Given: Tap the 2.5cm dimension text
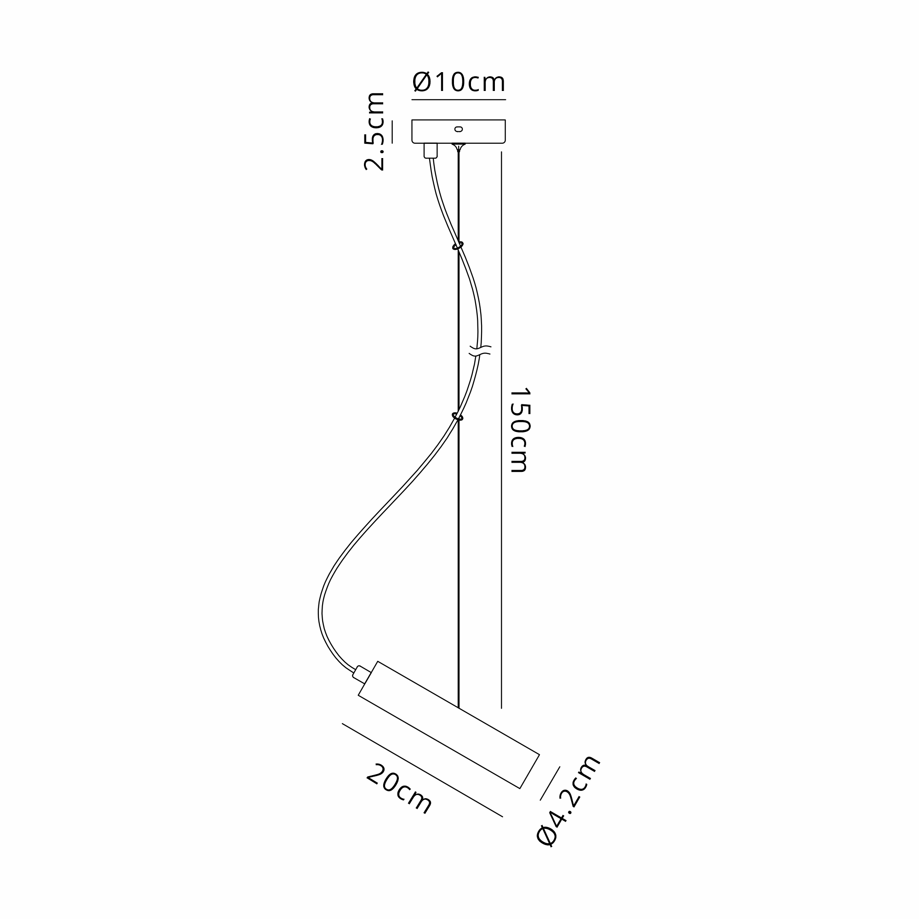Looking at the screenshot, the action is [374, 131].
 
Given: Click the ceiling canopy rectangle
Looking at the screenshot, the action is [459, 131].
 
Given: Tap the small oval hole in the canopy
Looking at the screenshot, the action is [459, 129].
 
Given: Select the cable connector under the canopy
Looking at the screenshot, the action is [431, 150].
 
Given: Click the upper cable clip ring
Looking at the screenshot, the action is [458, 246].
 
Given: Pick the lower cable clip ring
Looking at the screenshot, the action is [458, 417].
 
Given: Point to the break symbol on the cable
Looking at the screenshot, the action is [479, 351].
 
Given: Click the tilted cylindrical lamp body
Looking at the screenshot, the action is [448, 725].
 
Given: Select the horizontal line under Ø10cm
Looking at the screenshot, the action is [459, 100].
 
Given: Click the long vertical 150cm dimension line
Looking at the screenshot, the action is [501, 431].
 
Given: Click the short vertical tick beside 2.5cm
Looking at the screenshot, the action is [392, 132].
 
